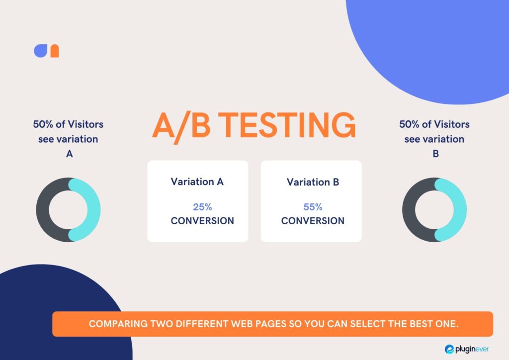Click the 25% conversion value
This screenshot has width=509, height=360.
click(202, 207)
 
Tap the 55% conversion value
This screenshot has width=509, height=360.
click(313, 207)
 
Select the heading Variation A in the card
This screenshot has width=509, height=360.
click(197, 181)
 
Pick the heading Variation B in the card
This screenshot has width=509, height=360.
click(313, 182)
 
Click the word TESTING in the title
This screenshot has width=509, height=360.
click(289, 125)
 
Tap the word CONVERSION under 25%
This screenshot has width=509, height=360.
click(202, 221)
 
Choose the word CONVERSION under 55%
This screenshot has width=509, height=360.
click(313, 221)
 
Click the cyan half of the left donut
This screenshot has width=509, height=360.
click(93, 209)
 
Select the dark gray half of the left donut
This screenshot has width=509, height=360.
click(43, 209)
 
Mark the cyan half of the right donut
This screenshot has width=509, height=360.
click(460, 209)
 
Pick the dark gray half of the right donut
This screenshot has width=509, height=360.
click(409, 209)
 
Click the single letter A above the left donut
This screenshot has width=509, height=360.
click(69, 154)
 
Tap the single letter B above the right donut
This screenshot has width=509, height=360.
click(435, 154)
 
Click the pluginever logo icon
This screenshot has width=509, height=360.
click(449, 349)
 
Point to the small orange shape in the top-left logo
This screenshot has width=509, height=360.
click(55, 51)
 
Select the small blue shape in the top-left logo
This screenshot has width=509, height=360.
click(41, 51)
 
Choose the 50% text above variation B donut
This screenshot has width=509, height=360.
click(410, 124)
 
